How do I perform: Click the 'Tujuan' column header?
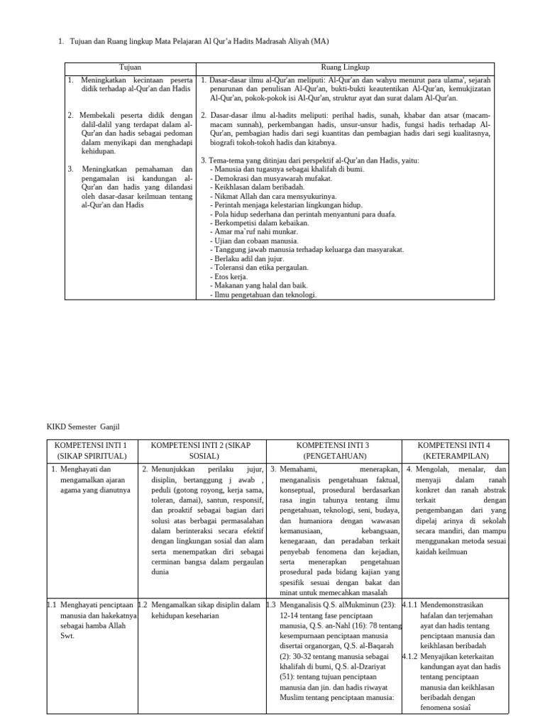[130, 67]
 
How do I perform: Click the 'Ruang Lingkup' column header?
[346, 67]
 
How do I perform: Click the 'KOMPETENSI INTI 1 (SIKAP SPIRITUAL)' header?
[91, 450]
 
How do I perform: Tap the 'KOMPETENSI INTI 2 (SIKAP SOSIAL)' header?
[201, 450]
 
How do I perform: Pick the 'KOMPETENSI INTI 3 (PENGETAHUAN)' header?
[333, 450]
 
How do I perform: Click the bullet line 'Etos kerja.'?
[229, 276]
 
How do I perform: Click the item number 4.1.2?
[410, 657]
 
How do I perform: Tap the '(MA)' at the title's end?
[320, 42]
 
